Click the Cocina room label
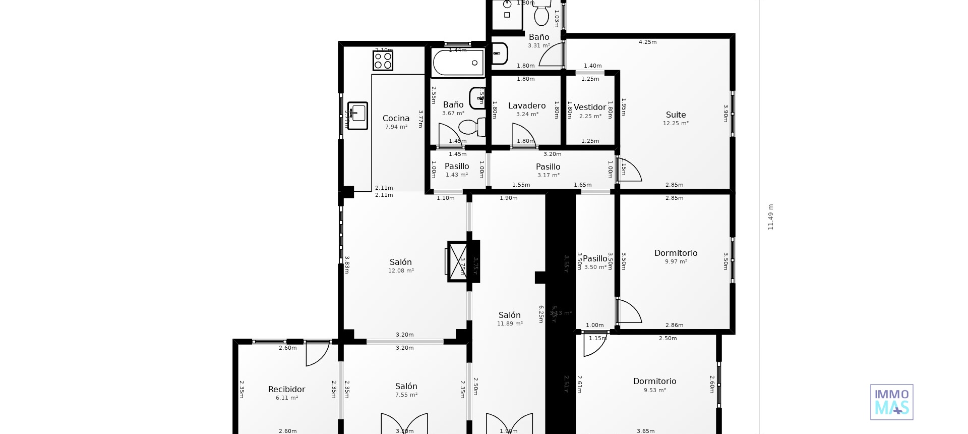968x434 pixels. (x=396, y=119)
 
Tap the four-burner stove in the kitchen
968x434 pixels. (x=383, y=61)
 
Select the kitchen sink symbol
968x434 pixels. (x=357, y=116)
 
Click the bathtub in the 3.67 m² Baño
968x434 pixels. (x=458, y=63)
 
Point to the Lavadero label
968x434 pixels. (x=527, y=106)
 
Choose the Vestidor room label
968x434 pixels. (x=589, y=107)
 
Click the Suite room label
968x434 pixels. (x=676, y=115)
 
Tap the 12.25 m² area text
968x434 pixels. (x=676, y=124)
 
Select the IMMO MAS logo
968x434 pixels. (x=891, y=402)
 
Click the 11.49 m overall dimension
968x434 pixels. (x=770, y=217)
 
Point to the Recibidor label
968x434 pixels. (x=286, y=390)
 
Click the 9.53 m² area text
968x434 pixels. (x=654, y=391)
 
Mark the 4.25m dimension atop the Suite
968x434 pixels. (x=647, y=42)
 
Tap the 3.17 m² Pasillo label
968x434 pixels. (x=548, y=167)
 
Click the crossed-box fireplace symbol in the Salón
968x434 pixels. (x=458, y=261)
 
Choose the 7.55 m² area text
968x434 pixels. (x=406, y=395)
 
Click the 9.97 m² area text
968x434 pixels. (x=676, y=262)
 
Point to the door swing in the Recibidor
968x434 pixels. (x=318, y=353)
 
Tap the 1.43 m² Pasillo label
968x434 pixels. (x=457, y=167)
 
